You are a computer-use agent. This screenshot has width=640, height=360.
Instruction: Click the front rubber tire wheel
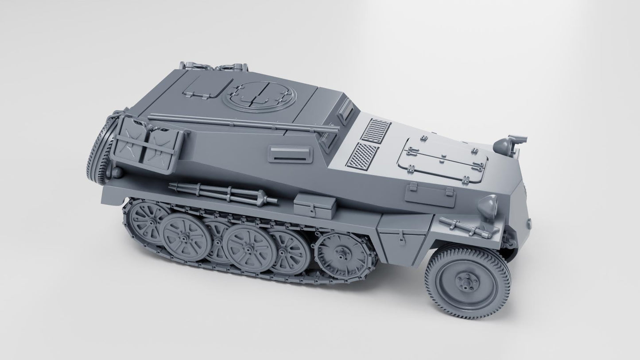coord(468,278)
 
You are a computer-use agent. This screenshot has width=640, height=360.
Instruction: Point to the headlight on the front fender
coord(489,205)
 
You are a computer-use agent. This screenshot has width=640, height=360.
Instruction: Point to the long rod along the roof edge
coord(241,123)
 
